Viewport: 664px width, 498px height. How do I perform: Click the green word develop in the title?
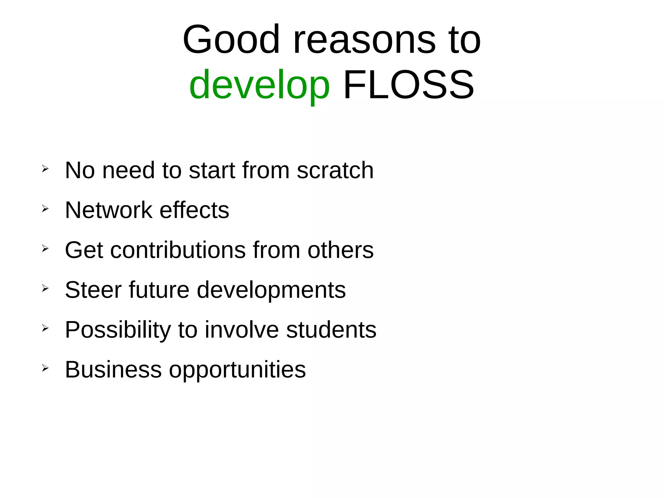[259, 85]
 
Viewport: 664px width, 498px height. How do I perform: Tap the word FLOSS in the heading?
[409, 85]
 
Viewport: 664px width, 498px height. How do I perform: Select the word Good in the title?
[231, 40]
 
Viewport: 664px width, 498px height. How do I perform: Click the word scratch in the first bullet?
[335, 170]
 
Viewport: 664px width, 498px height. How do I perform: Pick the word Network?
[109, 210]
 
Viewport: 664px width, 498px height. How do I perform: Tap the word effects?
[195, 210]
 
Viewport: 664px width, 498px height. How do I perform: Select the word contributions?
[178, 250]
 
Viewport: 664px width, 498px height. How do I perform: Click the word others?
[340, 250]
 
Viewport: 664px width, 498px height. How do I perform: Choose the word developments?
[271, 290]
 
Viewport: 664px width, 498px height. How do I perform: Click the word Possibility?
[118, 330]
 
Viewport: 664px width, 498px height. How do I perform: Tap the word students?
[331, 330]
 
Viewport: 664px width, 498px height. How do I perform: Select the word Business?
[113, 370]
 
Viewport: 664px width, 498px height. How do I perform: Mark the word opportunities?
[237, 370]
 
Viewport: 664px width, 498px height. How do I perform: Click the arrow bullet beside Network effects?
[45, 209]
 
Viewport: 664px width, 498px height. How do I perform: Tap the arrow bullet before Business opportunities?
[45, 368]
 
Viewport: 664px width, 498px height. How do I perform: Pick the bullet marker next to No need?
[45, 169]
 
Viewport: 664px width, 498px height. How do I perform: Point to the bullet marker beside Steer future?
[45, 288]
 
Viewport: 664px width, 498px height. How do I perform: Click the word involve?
[242, 330]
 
